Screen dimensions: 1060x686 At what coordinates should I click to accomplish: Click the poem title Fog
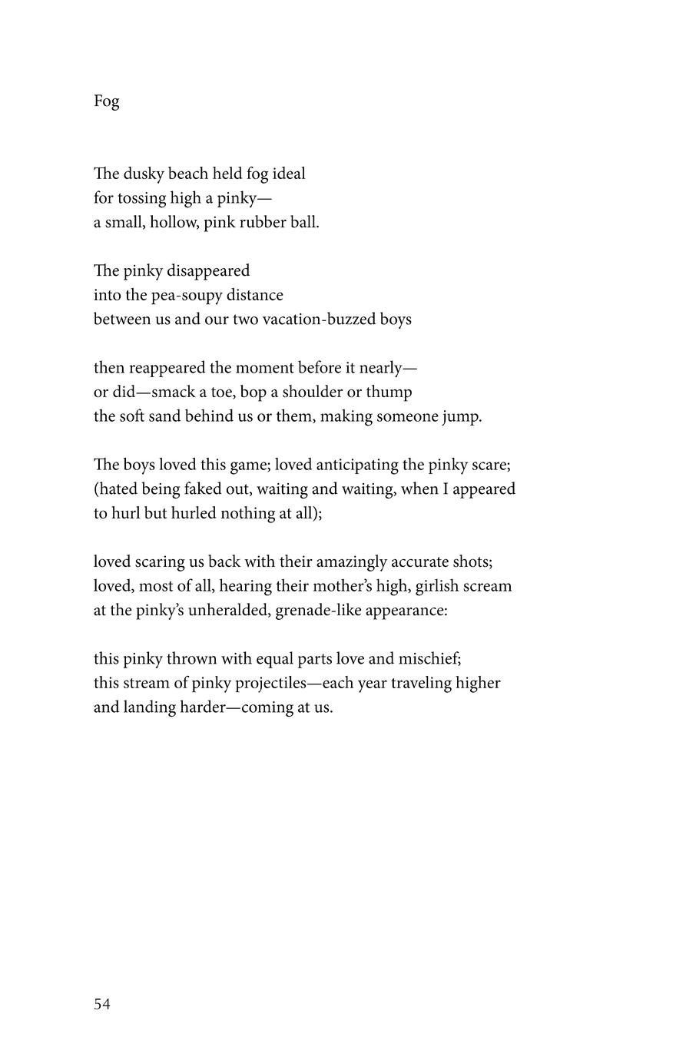tap(106, 101)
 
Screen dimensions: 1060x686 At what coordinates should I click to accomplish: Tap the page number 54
tap(102, 1004)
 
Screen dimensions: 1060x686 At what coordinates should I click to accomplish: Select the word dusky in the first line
tap(144, 174)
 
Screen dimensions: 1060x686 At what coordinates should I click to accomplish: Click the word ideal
tap(289, 174)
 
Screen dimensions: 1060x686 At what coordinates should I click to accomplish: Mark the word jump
tap(462, 417)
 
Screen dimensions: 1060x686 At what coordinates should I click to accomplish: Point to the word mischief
tap(429, 659)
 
